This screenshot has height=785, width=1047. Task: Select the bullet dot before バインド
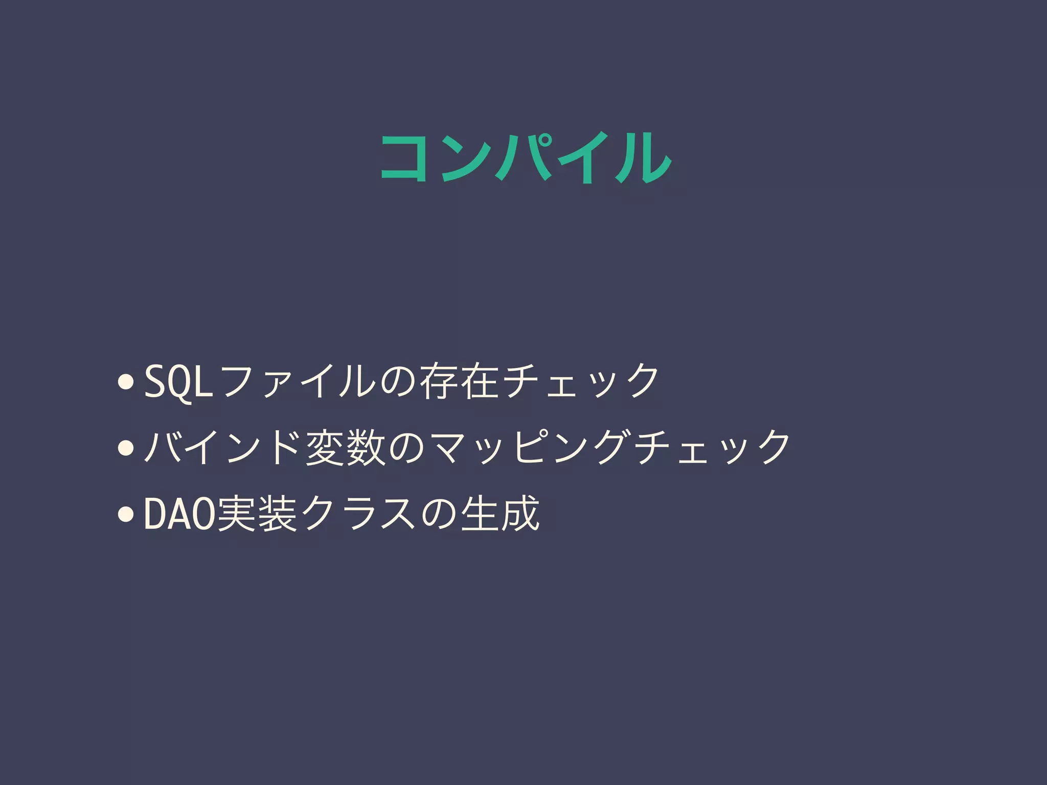tap(125, 448)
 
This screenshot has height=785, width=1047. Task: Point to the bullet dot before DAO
tap(125, 515)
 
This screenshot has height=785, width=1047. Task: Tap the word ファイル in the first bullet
tap(296, 381)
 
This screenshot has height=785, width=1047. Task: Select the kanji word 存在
tap(458, 381)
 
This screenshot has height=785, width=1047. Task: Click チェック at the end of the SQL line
tap(580, 381)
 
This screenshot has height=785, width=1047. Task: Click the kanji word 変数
tap(345, 447)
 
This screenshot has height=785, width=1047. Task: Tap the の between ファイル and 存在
tap(397, 381)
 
